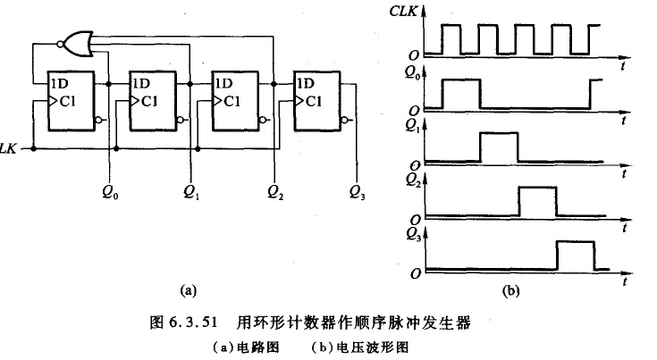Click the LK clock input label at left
[8, 147]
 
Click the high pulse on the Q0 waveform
[462, 94]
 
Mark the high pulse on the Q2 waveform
[537, 201]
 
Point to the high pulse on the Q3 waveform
[575, 255]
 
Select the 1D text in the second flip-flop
[141, 84]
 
